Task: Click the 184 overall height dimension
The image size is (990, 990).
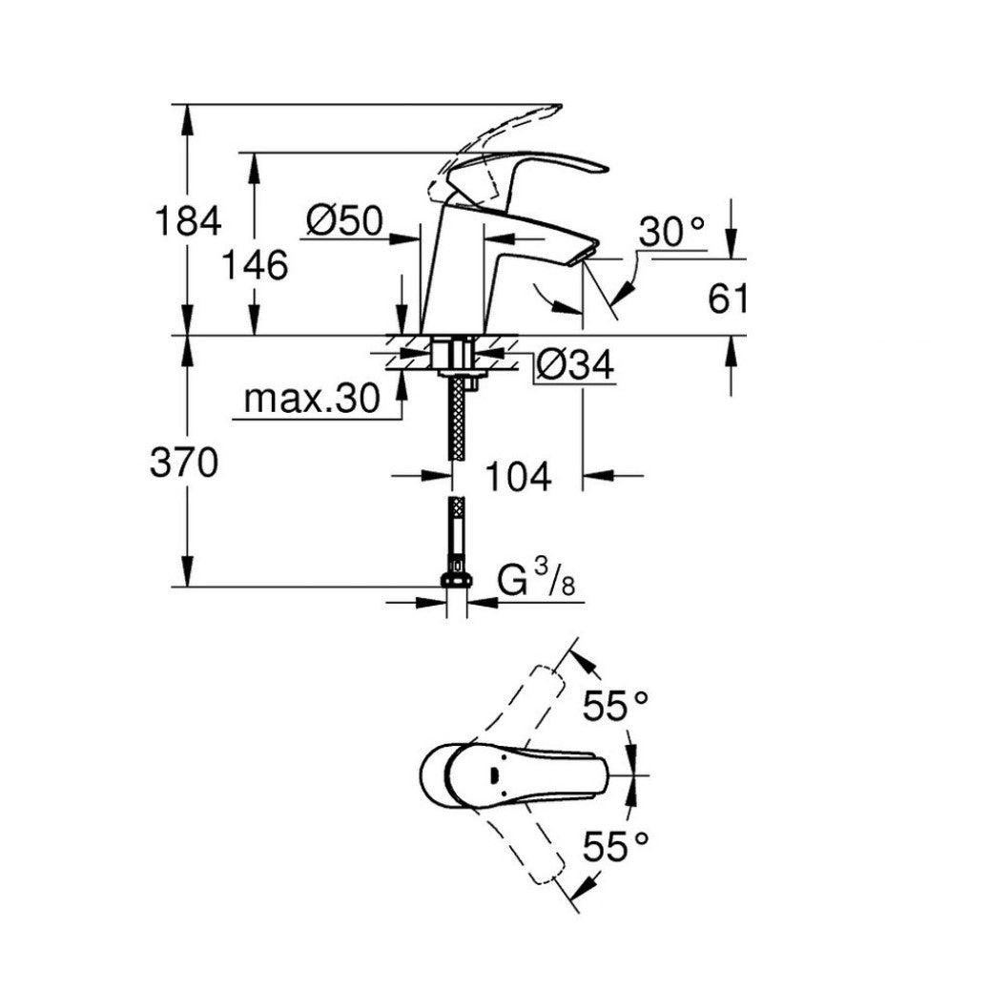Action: pos(188,220)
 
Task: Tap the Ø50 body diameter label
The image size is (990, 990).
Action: pos(344,221)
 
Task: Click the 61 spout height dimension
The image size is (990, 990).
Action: pos(727,299)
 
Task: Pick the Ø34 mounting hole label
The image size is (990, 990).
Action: pos(573,363)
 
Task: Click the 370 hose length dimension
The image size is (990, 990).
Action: pos(188,464)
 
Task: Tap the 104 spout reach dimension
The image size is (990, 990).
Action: pos(518,475)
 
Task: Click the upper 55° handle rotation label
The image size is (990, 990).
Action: pos(617,707)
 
